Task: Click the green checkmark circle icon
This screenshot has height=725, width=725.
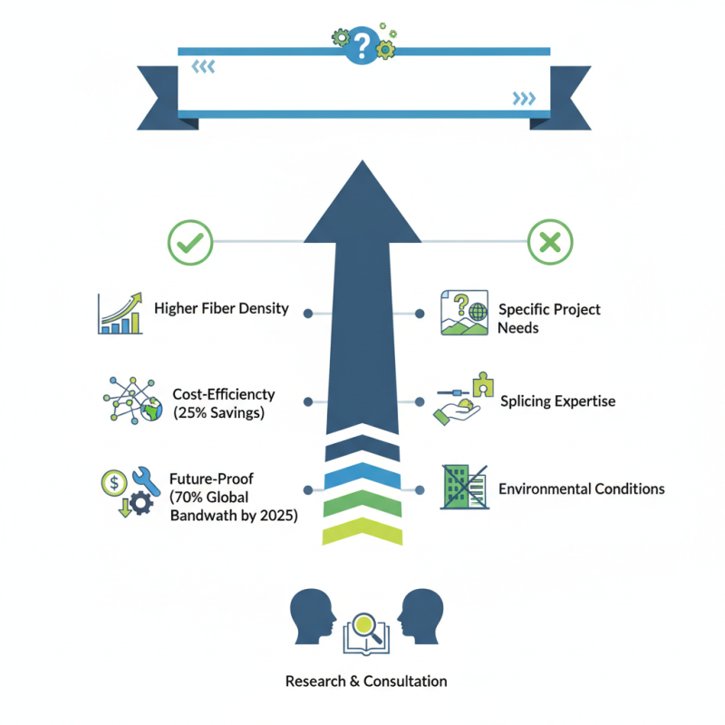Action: [x=190, y=242]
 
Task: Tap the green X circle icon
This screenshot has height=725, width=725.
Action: [x=550, y=242]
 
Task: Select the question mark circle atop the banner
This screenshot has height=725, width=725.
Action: [x=362, y=43]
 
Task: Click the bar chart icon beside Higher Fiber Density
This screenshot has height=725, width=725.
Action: [x=121, y=313]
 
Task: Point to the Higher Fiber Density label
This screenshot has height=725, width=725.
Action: [x=221, y=308]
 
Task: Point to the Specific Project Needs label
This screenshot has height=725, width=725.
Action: [x=548, y=317]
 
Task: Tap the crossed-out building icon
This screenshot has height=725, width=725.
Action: [x=464, y=488]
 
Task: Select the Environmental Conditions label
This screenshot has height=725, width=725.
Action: [x=581, y=488]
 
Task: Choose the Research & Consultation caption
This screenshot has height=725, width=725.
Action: [x=366, y=681]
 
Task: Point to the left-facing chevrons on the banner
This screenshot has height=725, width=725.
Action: [x=203, y=65]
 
